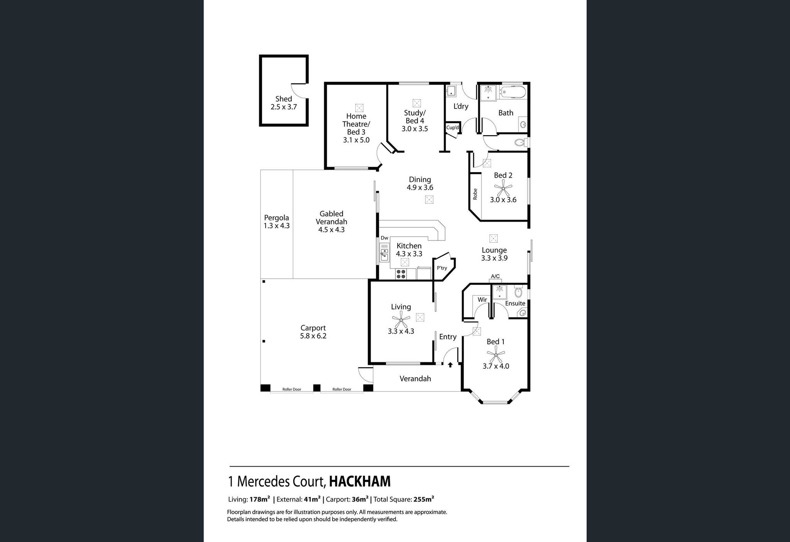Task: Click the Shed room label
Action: pos(284,99)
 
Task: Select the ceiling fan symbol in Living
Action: pos(401,319)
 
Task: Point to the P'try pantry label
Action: pos(442,268)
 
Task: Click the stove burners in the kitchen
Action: pos(401,274)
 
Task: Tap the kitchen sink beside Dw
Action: pos(384,254)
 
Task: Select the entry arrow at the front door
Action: pos(450,364)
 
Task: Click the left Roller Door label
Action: pos(292,389)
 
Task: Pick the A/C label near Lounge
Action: pos(495,276)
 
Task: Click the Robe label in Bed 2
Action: pos(475,194)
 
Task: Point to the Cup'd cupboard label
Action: pos(452,127)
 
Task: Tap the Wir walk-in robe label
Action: pos(482,300)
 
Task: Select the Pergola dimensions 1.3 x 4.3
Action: pos(277,226)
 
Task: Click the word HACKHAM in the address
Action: pos(360,481)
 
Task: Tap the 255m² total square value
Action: pos(424,499)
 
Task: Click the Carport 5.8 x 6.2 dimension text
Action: pos(313,336)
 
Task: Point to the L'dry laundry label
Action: pos(461,106)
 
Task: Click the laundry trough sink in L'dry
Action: pos(451,92)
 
